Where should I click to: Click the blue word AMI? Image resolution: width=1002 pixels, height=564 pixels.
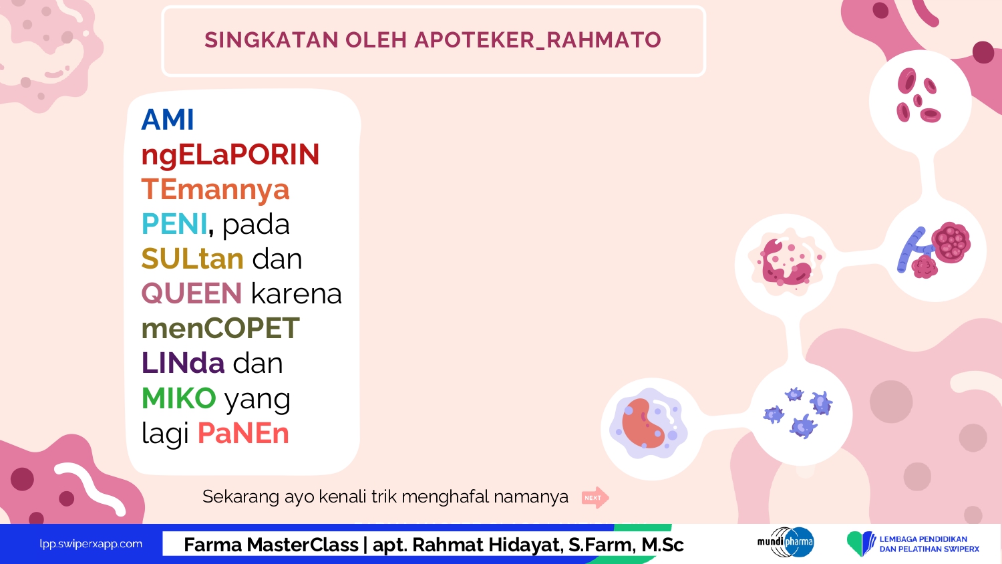click(168, 120)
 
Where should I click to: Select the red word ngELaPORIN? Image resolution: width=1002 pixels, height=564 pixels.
click(230, 155)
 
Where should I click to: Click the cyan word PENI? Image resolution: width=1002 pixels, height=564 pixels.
click(174, 224)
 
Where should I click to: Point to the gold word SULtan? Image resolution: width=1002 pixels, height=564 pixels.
click(192, 259)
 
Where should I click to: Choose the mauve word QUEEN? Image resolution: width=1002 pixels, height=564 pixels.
click(192, 293)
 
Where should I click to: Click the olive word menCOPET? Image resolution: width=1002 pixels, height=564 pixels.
click(220, 328)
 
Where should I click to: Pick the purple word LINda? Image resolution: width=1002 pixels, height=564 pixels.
click(183, 363)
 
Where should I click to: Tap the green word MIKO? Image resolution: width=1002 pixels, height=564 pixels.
click(179, 398)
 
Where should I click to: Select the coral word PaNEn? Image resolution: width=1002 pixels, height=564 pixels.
click(243, 433)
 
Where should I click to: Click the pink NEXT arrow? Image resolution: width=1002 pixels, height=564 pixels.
click(595, 498)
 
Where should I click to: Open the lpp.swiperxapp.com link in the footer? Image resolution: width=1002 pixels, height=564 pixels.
click(91, 545)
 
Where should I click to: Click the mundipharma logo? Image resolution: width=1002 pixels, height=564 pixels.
click(786, 542)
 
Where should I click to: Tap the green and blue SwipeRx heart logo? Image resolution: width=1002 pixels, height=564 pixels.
click(860, 543)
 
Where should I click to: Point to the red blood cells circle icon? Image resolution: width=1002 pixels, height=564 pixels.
click(920, 102)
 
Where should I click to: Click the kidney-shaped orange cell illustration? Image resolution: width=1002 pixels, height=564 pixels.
click(643, 423)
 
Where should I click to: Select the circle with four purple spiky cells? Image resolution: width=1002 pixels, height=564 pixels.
click(801, 414)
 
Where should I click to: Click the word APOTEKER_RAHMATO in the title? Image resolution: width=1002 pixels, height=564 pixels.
click(538, 40)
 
